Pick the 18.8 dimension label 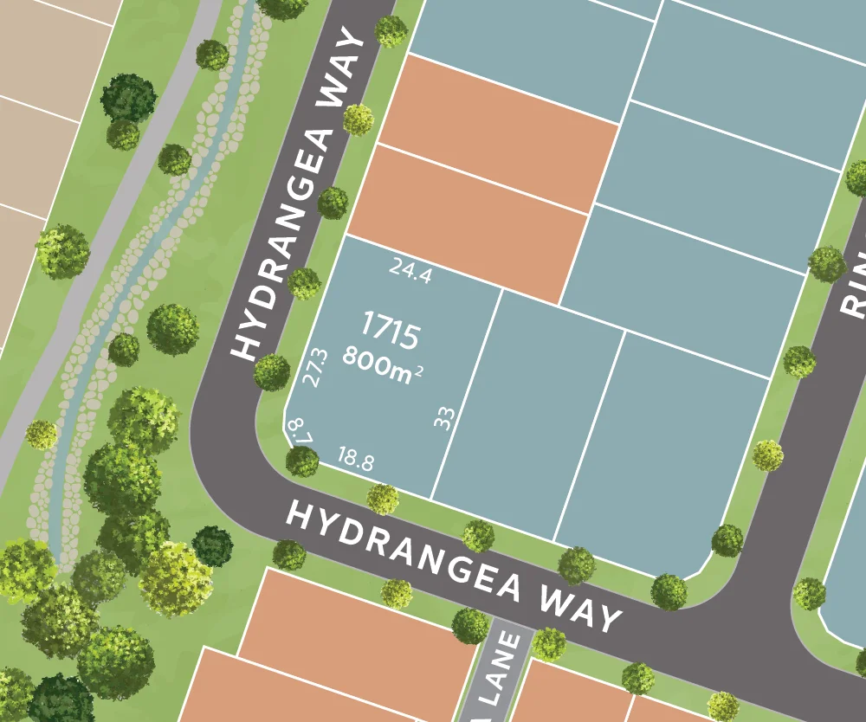(355, 460)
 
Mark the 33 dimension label (444, 419)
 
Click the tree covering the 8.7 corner (302, 461)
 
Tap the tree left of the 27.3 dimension (272, 371)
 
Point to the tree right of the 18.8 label (382, 499)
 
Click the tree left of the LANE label (469, 625)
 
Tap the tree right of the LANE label (549, 643)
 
